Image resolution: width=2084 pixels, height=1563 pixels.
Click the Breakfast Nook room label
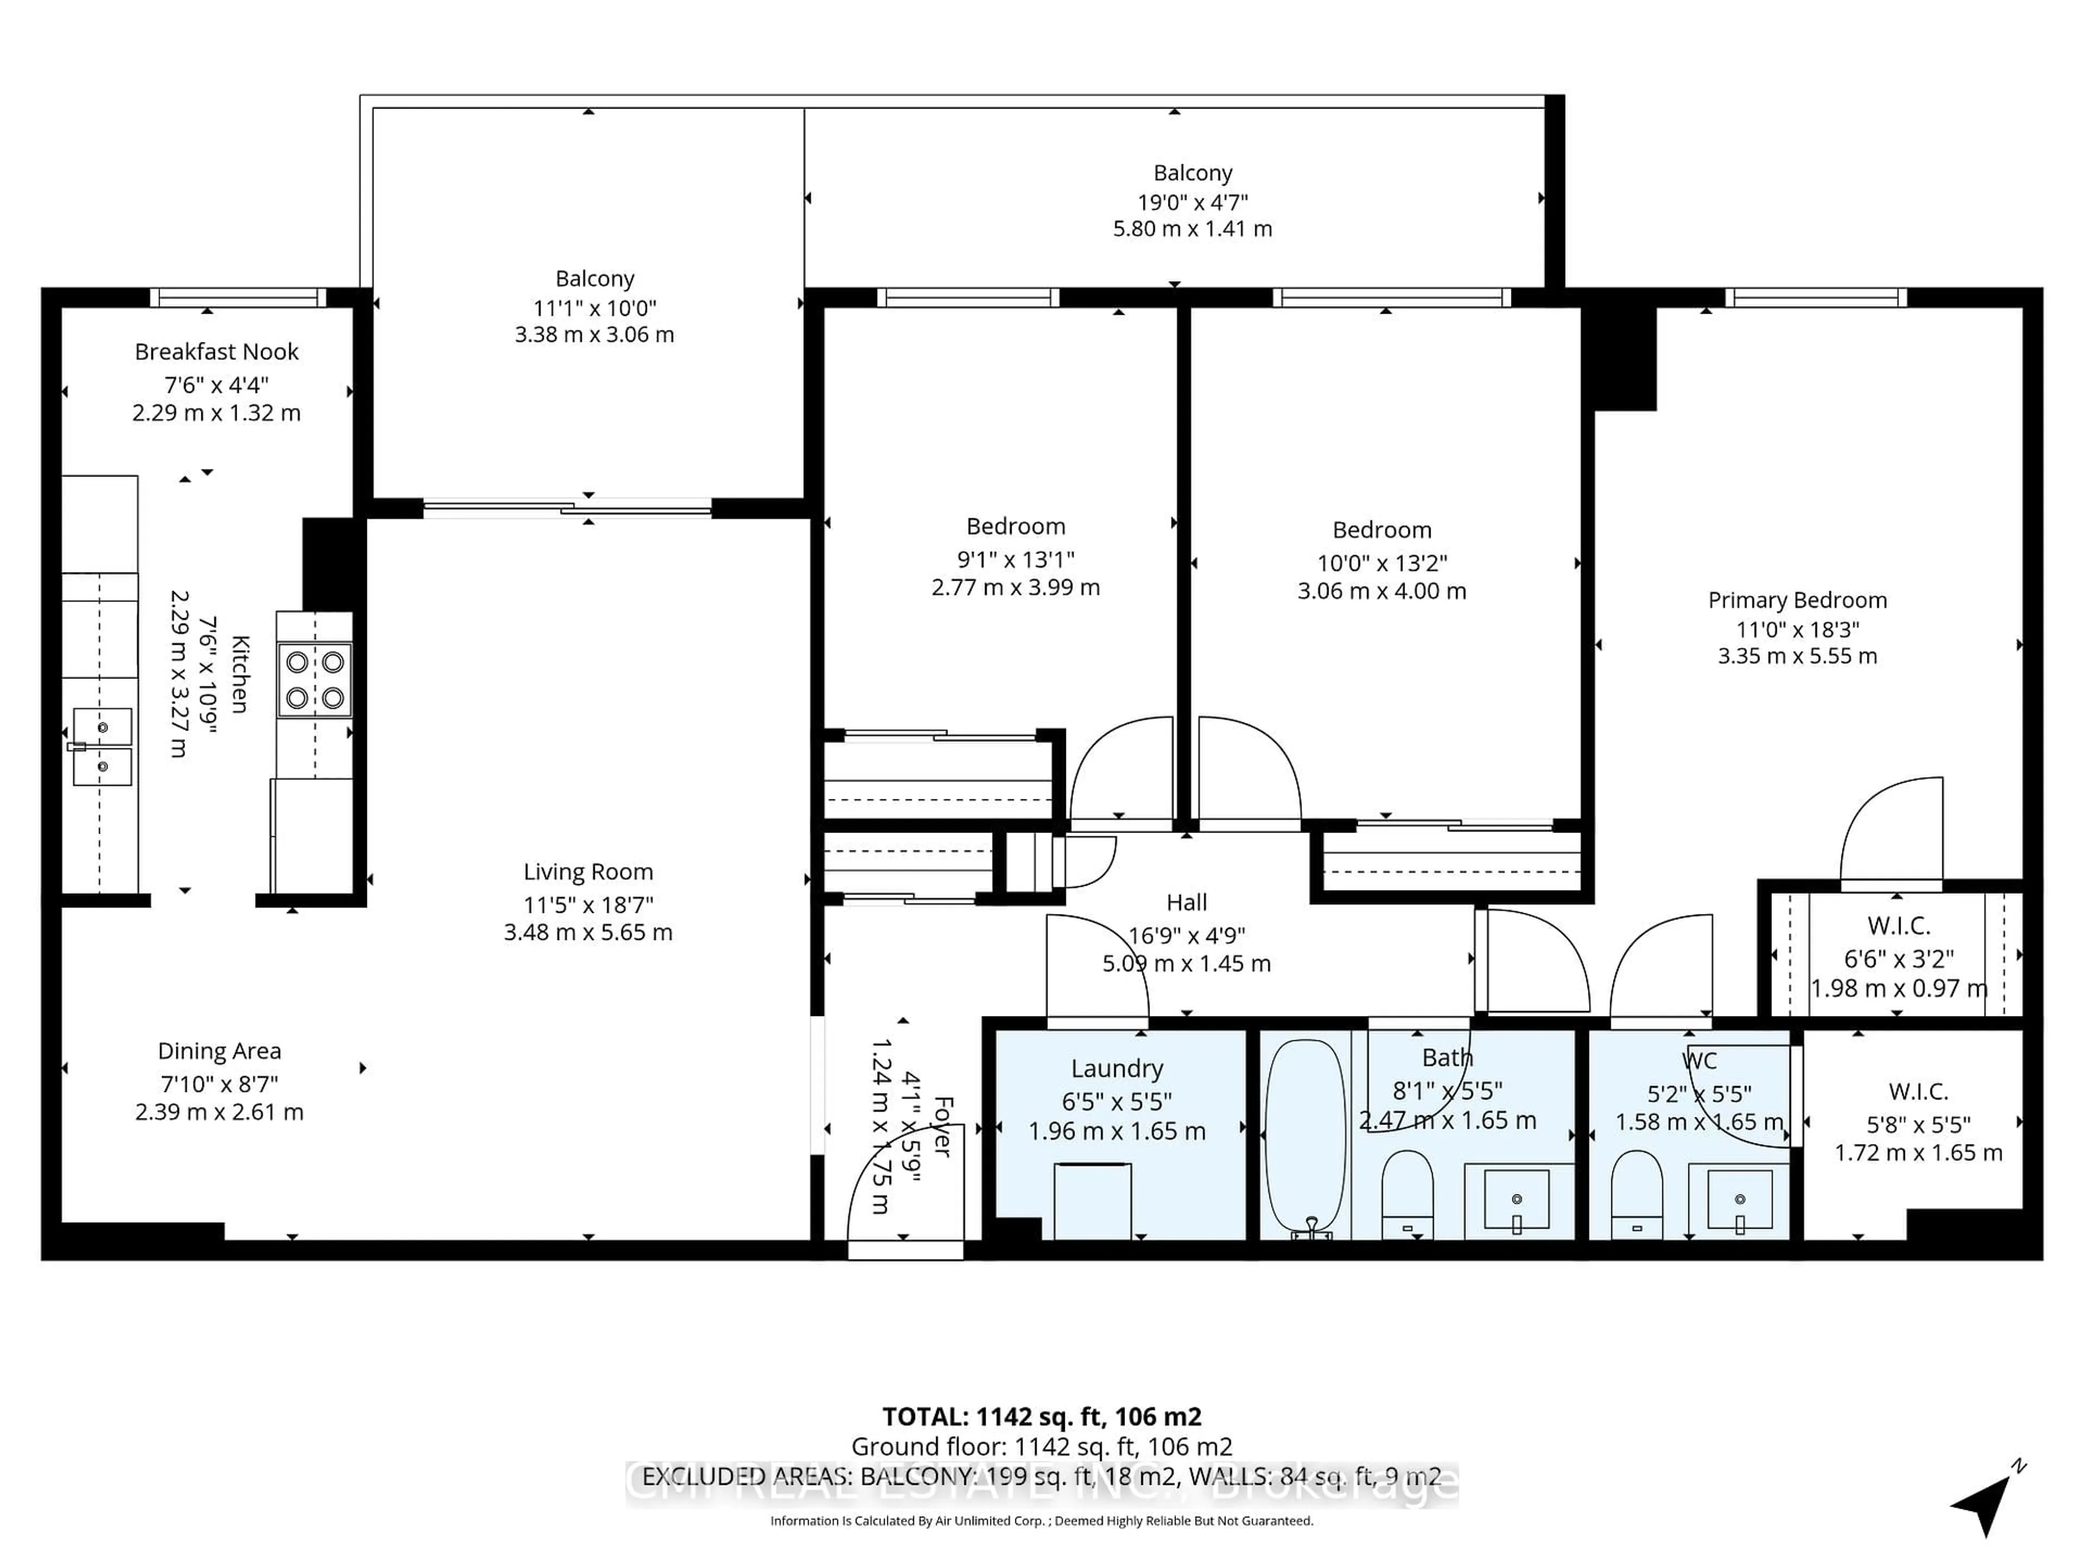(x=217, y=352)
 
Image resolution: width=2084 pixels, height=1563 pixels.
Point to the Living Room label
(x=588, y=872)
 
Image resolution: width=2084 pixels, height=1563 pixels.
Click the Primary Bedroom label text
(x=1797, y=600)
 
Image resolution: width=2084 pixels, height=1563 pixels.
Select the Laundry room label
(x=1116, y=1069)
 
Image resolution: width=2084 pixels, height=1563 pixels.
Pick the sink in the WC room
(x=1739, y=1200)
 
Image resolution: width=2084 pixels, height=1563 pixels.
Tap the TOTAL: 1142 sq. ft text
(x=1041, y=1416)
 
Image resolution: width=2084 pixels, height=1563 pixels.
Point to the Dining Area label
(x=219, y=1051)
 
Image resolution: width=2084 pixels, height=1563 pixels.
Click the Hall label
(x=1186, y=903)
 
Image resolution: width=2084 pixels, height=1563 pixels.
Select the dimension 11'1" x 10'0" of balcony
(x=594, y=307)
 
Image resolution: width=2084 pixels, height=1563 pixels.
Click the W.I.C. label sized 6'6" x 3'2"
(x=1898, y=925)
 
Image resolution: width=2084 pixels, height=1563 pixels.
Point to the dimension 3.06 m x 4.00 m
(x=1381, y=590)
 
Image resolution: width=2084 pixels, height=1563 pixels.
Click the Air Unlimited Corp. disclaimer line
(x=1041, y=1521)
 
